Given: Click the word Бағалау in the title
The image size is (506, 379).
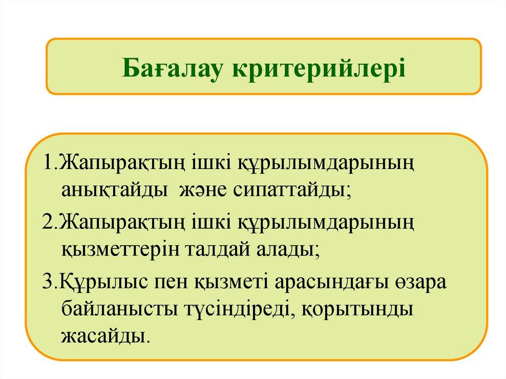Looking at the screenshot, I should (172, 68).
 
